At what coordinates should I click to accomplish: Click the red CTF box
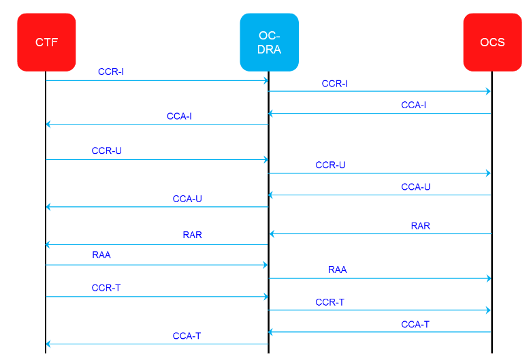[x=46, y=42]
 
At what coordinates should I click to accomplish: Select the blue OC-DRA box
[x=269, y=42]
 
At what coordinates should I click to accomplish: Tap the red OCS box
[x=492, y=42]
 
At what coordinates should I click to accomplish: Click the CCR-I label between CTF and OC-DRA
[x=111, y=71]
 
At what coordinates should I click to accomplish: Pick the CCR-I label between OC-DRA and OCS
[x=334, y=84]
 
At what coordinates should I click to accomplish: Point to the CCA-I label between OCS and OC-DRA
[x=414, y=105]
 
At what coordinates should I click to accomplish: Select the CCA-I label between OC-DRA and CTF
[x=179, y=116]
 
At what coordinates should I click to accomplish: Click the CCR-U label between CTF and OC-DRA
[x=107, y=150]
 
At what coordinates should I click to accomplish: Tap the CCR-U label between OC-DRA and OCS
[x=330, y=165]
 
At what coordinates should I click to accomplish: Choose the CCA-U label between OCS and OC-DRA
[x=416, y=186]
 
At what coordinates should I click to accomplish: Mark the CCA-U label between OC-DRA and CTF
[x=187, y=199]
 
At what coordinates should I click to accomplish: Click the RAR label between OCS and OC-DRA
[x=421, y=225]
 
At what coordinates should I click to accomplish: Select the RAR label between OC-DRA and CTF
[x=193, y=235]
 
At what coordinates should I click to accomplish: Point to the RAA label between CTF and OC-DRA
[x=101, y=255]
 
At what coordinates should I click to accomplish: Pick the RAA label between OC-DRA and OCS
[x=338, y=269]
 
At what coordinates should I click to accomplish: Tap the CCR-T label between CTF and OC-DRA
[x=106, y=288]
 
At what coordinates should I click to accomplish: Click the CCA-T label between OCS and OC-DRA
[x=415, y=324]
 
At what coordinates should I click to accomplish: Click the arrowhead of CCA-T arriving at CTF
[x=48, y=344]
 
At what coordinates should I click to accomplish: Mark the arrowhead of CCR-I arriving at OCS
[x=488, y=91]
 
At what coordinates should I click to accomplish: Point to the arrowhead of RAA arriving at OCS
[x=488, y=278]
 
